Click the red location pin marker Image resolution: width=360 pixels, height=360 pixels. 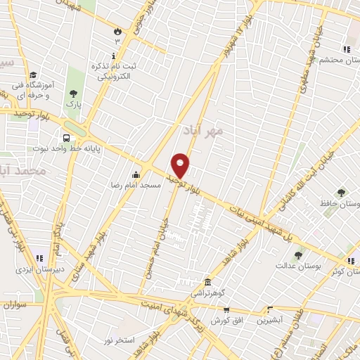click(x=181, y=165)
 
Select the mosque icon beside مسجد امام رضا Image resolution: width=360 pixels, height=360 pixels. click(x=136, y=174)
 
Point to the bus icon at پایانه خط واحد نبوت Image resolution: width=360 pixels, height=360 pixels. click(x=66, y=139)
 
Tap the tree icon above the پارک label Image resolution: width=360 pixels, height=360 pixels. click(x=73, y=94)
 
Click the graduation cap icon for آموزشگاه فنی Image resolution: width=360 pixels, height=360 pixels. click(x=33, y=75)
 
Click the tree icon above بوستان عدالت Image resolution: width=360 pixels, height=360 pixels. click(x=298, y=255)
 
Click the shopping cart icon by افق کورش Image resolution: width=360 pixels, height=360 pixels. click(x=226, y=309)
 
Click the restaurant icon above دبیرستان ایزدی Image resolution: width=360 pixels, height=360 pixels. click(x=40, y=258)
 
